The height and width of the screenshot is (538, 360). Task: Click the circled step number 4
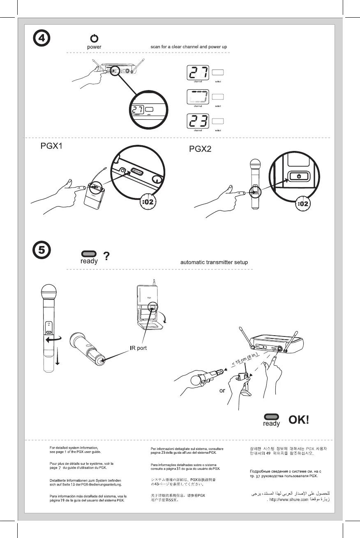[42, 39]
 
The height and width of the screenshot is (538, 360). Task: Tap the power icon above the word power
[94, 39]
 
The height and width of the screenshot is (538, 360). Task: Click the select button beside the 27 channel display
[218, 73]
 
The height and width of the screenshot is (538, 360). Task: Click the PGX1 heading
[51, 147]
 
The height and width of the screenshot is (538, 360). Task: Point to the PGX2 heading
[200, 149]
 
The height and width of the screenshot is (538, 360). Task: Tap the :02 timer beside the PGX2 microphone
[303, 204]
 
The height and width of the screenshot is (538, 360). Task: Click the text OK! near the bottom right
[299, 420]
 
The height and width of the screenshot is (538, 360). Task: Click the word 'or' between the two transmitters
[222, 390]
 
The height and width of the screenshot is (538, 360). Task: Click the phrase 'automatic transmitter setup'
[214, 262]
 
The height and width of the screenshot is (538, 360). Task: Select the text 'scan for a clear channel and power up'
[189, 47]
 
